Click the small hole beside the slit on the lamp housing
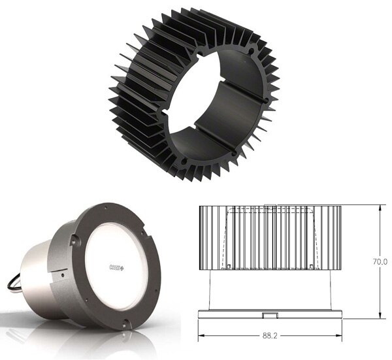[61, 273]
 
